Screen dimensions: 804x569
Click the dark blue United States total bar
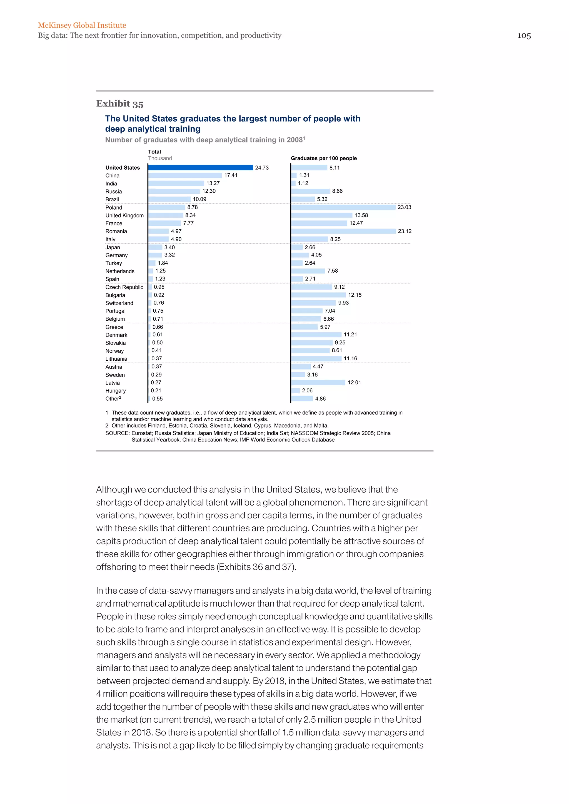[200, 168]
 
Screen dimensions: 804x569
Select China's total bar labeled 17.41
[185, 175]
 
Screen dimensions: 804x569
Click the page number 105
[524, 36]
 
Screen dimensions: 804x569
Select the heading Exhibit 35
[120, 104]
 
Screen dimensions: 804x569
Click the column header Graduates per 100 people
[324, 158]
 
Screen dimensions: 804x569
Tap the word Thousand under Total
[160, 158]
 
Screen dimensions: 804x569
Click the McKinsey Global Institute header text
[82, 25]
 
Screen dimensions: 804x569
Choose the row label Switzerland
[119, 303]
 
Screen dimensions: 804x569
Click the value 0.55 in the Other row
[157, 398]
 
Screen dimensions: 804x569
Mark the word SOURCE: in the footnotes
[117, 433]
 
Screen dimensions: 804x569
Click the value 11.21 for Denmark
[350, 335]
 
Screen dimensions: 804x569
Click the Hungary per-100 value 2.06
[307, 390]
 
